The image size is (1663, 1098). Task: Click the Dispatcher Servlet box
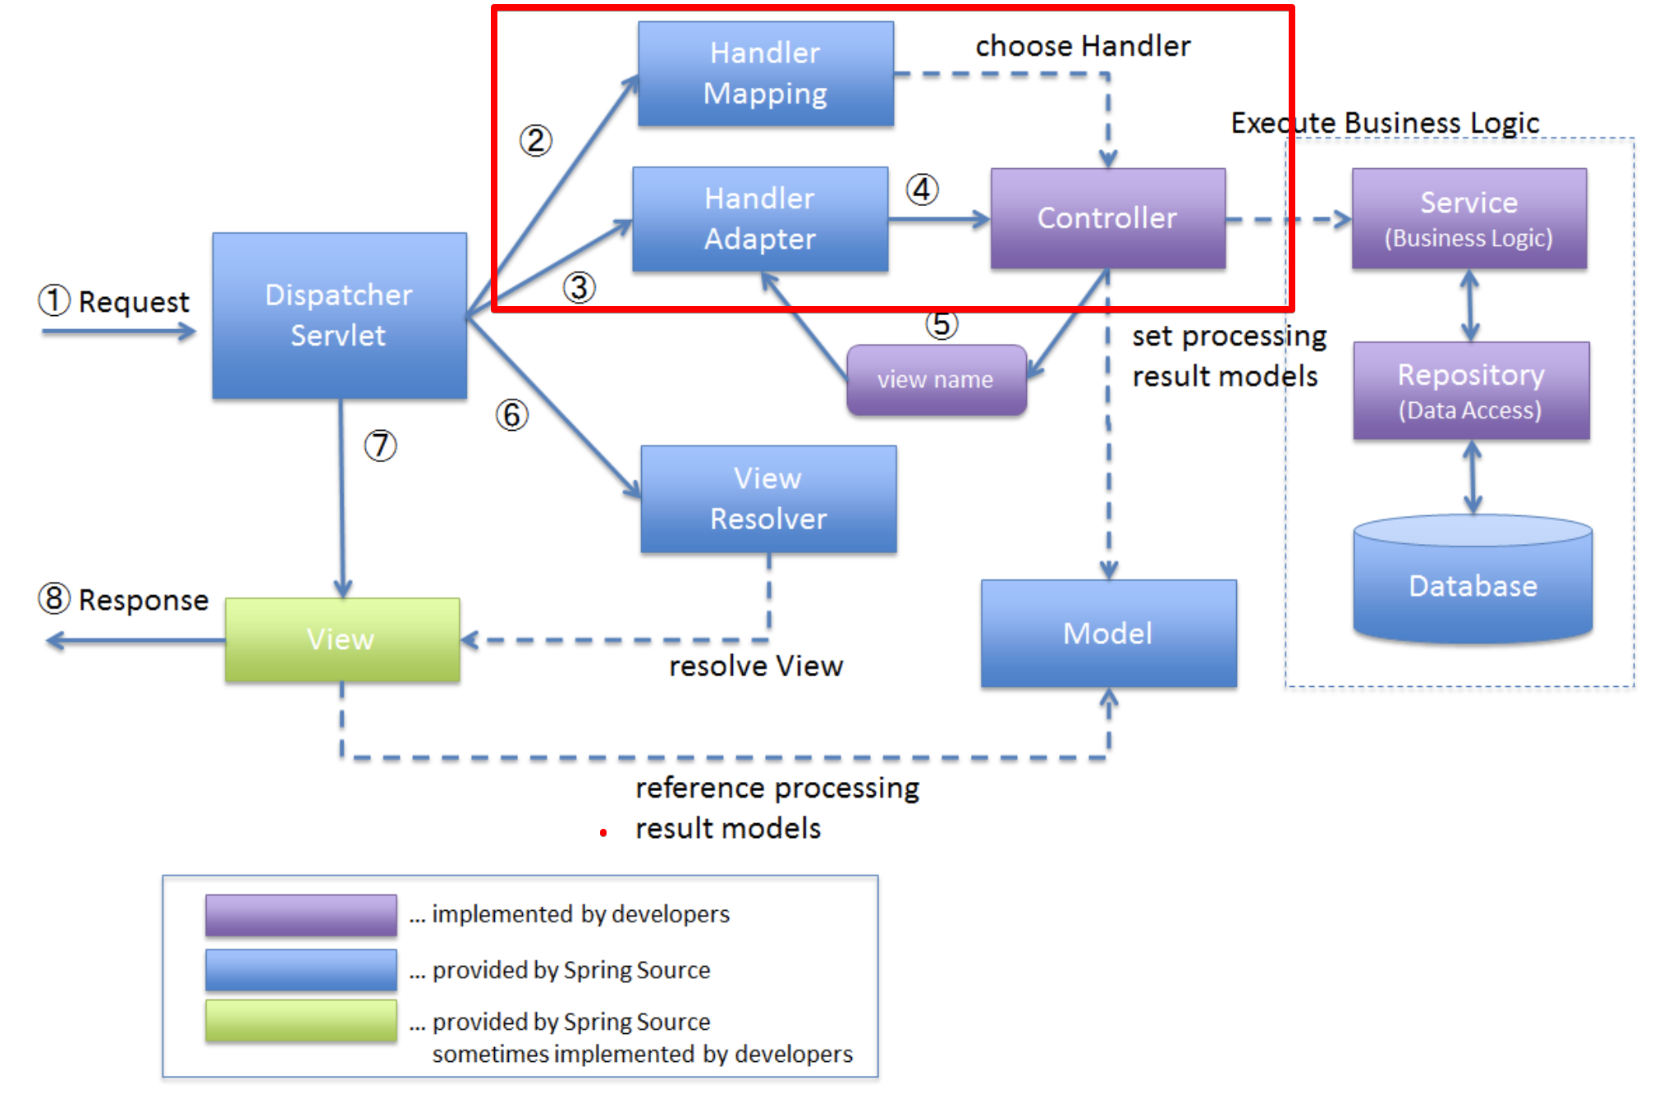(340, 316)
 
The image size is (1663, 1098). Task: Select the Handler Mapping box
(766, 74)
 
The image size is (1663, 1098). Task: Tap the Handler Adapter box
(760, 219)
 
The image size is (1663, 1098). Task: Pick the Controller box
(1108, 218)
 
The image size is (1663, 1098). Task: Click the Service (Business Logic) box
(1469, 218)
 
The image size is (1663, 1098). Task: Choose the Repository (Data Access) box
(1471, 391)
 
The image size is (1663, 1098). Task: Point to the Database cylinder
(1473, 579)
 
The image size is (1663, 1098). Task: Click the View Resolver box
(768, 499)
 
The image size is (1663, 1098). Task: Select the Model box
(1109, 634)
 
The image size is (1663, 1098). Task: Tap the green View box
(342, 639)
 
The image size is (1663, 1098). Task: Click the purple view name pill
(937, 380)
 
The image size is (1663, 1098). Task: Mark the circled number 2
(536, 140)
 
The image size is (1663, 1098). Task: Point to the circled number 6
(512, 414)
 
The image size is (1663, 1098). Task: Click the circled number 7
(381, 446)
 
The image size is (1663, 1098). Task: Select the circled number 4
(923, 190)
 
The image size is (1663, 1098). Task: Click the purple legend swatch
(301, 915)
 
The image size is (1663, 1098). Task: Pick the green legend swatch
(301, 1021)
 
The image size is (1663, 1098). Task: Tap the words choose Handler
(1083, 46)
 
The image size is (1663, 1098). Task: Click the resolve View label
(756, 666)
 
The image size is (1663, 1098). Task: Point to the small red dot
(603, 833)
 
